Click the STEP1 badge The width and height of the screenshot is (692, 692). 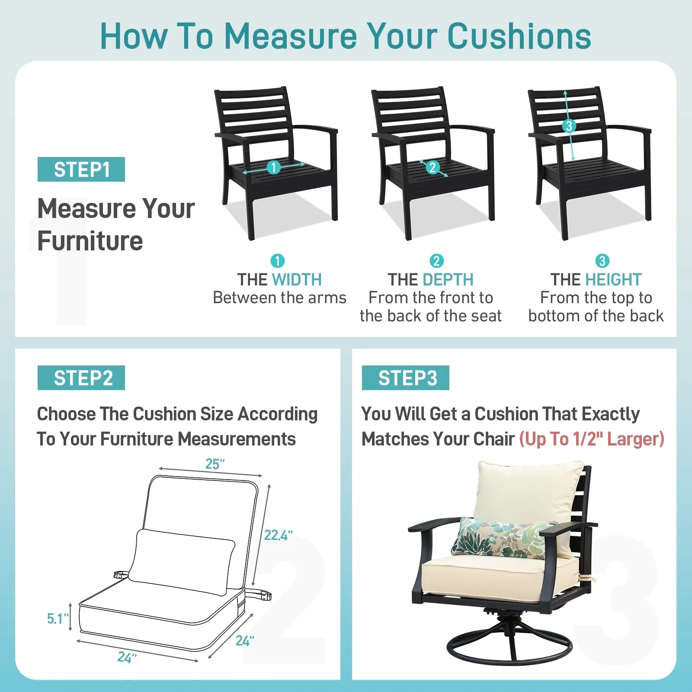(81, 170)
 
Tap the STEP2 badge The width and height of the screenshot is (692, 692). (81, 378)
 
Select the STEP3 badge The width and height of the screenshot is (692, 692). (406, 378)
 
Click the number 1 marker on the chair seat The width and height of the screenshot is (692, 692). (273, 167)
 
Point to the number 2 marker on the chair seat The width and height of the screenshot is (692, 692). (432, 168)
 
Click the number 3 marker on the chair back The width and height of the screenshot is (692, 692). (569, 126)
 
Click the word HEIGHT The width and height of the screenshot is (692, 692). (613, 280)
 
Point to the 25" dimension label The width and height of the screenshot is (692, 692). (215, 464)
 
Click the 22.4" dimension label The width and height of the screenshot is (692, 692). (278, 535)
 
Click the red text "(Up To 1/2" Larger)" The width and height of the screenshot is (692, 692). (591, 439)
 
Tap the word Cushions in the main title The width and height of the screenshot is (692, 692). (519, 36)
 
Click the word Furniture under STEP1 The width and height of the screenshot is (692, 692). (90, 241)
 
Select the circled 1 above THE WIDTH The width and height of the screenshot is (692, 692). (277, 261)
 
